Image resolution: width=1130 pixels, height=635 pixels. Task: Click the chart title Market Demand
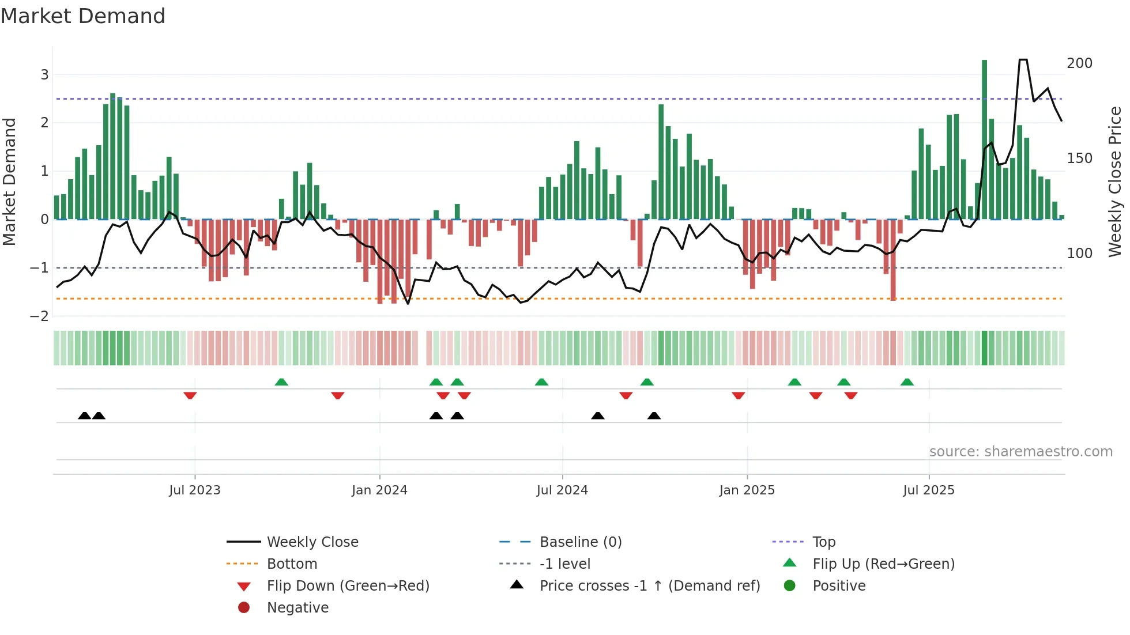pyautogui.click(x=83, y=16)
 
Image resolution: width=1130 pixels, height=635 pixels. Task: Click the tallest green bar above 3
pyautogui.click(x=984, y=138)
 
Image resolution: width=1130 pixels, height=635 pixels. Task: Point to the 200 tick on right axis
pyautogui.click(x=1079, y=63)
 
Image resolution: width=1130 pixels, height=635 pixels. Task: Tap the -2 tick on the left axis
pyautogui.click(x=39, y=316)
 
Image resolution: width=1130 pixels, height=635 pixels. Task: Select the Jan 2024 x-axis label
pyautogui.click(x=379, y=490)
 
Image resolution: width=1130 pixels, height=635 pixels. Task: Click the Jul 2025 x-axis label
pyautogui.click(x=928, y=490)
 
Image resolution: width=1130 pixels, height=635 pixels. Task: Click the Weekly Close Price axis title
pyautogui.click(x=1115, y=182)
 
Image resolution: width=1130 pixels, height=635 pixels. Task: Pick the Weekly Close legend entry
pyautogui.click(x=312, y=542)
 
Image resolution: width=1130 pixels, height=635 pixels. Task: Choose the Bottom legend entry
pyautogui.click(x=292, y=564)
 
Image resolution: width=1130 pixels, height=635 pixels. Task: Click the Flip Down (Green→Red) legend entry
pyautogui.click(x=348, y=586)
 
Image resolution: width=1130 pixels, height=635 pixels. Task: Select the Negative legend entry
pyautogui.click(x=297, y=608)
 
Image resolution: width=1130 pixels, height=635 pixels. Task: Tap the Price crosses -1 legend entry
pyautogui.click(x=649, y=586)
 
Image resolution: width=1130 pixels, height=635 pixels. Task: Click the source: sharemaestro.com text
pyautogui.click(x=1020, y=452)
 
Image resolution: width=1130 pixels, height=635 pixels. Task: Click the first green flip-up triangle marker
pyautogui.click(x=281, y=382)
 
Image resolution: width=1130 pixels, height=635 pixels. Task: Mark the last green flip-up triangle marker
pyautogui.click(x=907, y=382)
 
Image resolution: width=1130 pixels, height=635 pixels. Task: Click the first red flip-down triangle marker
pyautogui.click(x=190, y=395)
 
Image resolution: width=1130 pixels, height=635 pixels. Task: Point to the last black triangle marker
pyautogui.click(x=654, y=415)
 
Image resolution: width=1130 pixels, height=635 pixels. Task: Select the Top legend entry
pyautogui.click(x=823, y=542)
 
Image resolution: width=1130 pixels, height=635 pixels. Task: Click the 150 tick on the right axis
pyautogui.click(x=1079, y=158)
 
